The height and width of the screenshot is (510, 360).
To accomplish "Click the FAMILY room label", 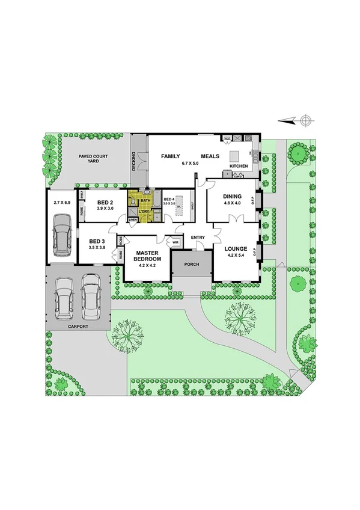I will [171, 156].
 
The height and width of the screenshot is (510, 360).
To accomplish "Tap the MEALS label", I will [210, 156].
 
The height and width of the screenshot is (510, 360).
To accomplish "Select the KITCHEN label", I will [239, 165].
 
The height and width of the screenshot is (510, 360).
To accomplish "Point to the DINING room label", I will [232, 196].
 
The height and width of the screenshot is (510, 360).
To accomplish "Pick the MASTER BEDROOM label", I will [147, 257].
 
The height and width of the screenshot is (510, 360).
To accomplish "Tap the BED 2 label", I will [105, 201].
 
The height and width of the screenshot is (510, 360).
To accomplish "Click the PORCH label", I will [192, 263].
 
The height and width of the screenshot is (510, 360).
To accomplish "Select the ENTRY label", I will [198, 238].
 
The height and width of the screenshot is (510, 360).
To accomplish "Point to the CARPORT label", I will [78, 326].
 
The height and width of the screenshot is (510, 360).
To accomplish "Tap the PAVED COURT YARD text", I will [93, 159].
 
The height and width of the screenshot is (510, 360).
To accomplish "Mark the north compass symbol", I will [305, 120].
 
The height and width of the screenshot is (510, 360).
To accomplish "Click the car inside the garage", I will [61, 233].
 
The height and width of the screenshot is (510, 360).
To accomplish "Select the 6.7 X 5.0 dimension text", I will [190, 164].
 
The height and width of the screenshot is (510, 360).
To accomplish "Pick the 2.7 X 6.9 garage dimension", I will [62, 203].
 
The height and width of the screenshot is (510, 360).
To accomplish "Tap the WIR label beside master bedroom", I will [175, 242].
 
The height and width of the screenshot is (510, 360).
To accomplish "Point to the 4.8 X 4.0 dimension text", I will [232, 203].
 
